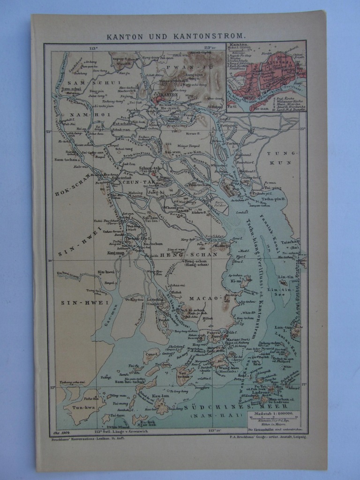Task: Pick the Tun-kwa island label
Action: (x=75, y=408)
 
